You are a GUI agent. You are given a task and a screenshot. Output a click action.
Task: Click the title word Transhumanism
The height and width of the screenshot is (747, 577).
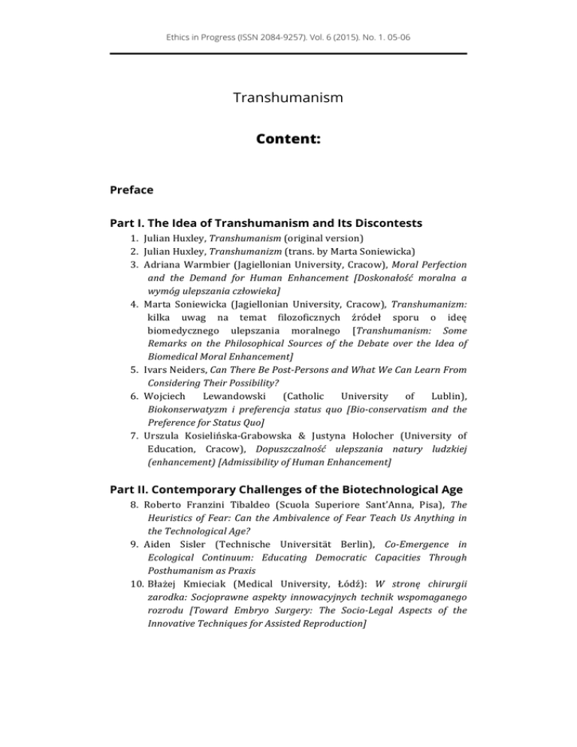tap(288, 98)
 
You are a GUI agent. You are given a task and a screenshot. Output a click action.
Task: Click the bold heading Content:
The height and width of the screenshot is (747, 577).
tap(288, 139)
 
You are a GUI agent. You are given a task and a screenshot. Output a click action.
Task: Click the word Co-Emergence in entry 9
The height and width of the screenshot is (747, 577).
tap(420, 540)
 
